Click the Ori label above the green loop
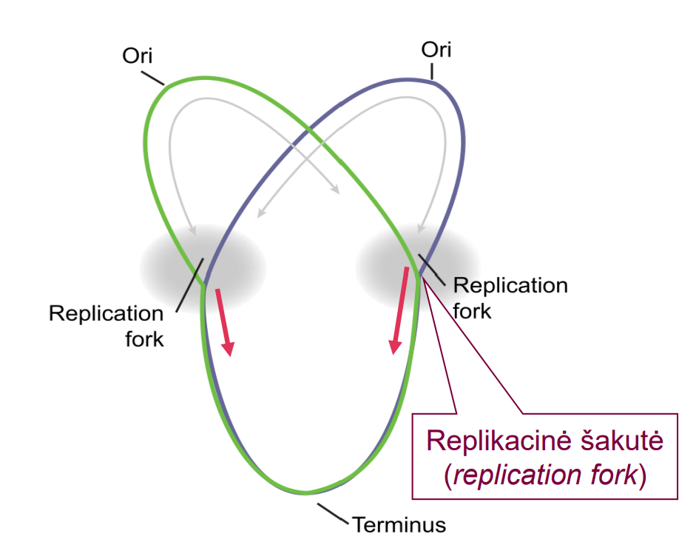(138, 56)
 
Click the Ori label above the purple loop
(436, 50)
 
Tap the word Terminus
(399, 525)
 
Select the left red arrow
(225, 322)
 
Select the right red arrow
(399, 310)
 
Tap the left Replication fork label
(106, 326)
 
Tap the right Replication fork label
(510, 298)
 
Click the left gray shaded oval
(203, 269)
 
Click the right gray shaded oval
(418, 267)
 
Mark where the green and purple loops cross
(308, 129)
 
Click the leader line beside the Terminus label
(333, 513)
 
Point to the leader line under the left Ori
(153, 78)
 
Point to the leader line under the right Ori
(432, 72)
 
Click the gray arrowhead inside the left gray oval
(192, 230)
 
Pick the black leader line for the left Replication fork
(189, 285)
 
